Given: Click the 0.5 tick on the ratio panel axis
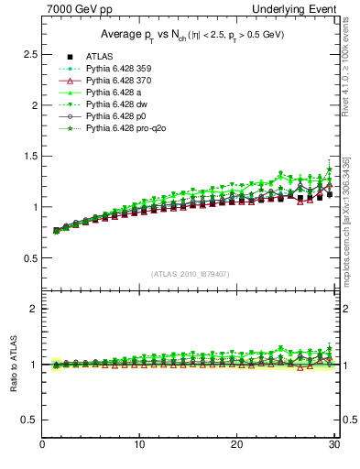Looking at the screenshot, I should click(28, 420).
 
